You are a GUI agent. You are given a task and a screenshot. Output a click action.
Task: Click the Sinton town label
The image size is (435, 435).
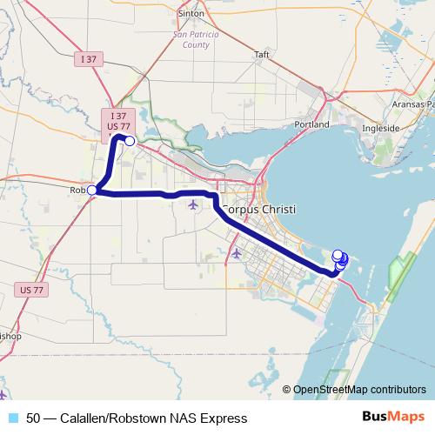click(x=190, y=13)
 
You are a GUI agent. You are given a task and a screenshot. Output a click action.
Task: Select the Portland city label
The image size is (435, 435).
click(x=312, y=124)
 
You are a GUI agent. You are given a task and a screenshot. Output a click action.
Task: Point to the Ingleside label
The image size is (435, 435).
click(x=380, y=127)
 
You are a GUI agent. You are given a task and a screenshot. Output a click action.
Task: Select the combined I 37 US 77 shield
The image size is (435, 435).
click(x=118, y=121)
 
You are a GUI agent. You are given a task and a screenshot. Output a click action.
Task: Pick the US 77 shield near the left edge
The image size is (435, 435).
click(x=28, y=287)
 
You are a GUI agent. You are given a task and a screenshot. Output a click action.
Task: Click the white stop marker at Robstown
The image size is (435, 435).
click(x=91, y=191)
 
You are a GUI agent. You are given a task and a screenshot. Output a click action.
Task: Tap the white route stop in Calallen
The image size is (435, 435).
click(x=130, y=141)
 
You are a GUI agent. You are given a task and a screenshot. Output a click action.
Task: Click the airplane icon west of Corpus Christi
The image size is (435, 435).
click(x=193, y=204)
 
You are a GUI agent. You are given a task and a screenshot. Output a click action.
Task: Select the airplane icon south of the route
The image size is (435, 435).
click(x=237, y=253)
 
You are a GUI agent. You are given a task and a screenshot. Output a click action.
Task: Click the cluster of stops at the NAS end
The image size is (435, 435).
click(x=340, y=259)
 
